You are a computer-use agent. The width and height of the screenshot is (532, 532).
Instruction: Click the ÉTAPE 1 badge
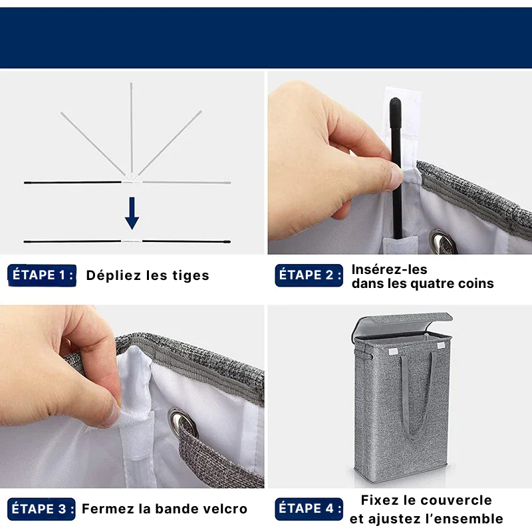pyautogui.click(x=42, y=275)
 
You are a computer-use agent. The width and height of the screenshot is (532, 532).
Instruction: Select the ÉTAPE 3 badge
pyautogui.click(x=41, y=509)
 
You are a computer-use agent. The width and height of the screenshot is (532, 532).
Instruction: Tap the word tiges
pyautogui.click(x=190, y=275)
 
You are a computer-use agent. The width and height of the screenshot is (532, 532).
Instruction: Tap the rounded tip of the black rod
pyautogui.click(x=395, y=104)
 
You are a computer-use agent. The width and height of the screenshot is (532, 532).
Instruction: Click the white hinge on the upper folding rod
pyautogui.click(x=132, y=179)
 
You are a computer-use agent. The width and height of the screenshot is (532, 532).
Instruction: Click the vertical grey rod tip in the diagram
pyautogui.click(x=131, y=86)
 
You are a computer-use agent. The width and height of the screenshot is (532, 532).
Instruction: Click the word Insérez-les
pyautogui.click(x=390, y=269)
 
